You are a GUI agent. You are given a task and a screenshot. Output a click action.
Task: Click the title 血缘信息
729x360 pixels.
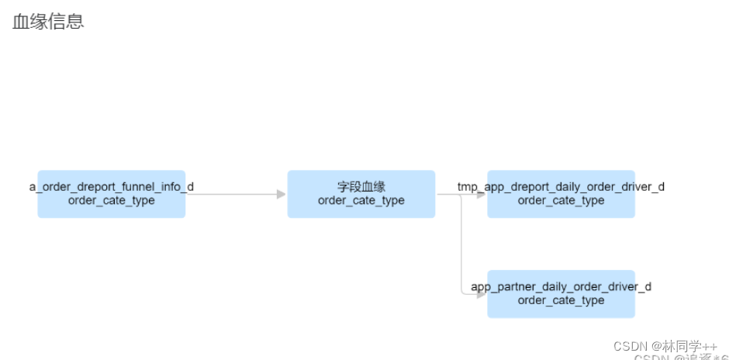click(48, 22)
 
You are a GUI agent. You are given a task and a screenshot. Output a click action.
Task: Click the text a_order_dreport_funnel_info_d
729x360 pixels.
click(111, 187)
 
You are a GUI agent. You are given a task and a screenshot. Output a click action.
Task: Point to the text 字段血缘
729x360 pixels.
click(361, 187)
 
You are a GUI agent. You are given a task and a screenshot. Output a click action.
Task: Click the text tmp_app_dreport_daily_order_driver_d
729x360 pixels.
click(561, 187)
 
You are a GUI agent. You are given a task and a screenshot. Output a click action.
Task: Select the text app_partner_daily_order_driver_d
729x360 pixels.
click(561, 287)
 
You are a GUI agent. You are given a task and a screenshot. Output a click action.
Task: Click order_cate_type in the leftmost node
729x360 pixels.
click(111, 201)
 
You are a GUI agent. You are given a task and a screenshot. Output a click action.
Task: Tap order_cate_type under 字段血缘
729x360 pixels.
click(361, 201)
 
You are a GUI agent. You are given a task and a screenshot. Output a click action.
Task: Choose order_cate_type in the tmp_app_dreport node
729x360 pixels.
click(561, 201)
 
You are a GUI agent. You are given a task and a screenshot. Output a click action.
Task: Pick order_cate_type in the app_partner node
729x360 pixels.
click(561, 301)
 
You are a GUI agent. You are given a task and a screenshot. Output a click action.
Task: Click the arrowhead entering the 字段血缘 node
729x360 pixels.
click(282, 194)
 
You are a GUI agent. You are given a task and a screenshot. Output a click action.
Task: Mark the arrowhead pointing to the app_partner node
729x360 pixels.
click(482, 294)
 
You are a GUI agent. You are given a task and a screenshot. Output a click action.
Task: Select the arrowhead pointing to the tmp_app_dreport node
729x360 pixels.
click(482, 194)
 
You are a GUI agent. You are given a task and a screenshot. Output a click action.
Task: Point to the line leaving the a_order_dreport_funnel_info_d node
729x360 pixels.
click(233, 194)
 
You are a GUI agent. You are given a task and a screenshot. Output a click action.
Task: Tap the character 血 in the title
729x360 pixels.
click(21, 22)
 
